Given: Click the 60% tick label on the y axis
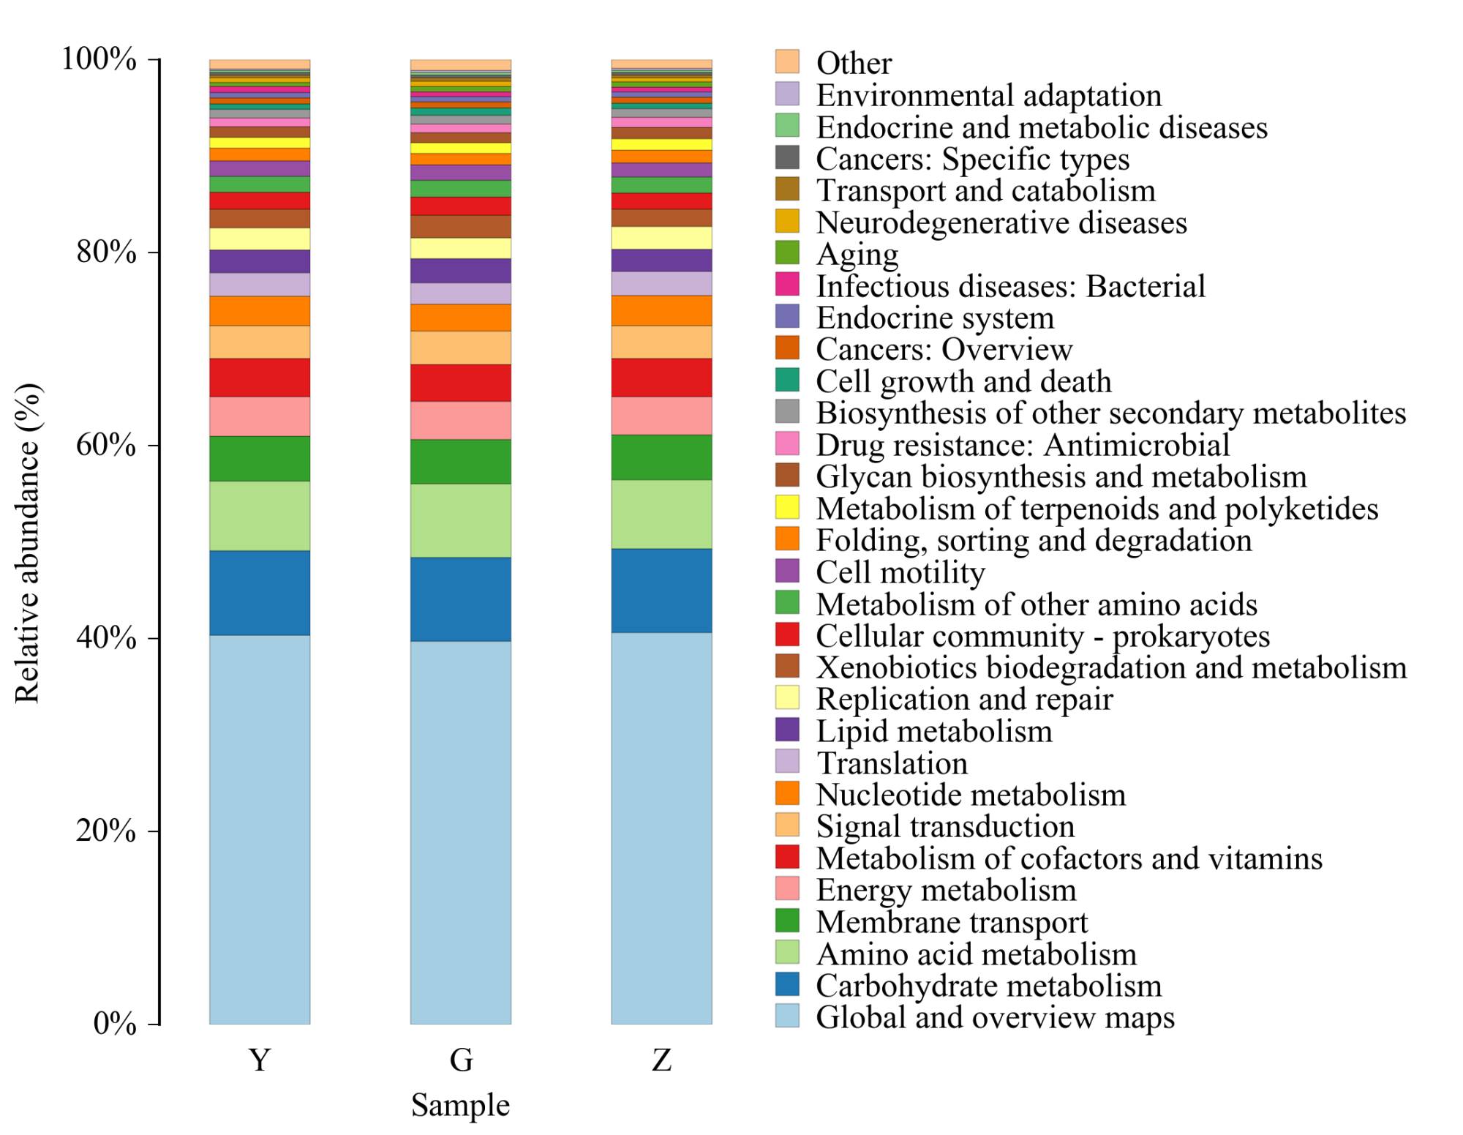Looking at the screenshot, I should tap(106, 445).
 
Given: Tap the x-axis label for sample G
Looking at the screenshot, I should tap(461, 1060).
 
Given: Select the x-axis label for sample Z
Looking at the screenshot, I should tap(661, 1060).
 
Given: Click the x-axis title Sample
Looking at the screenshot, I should tap(460, 1105).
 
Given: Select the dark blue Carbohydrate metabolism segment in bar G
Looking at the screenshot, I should tap(461, 599).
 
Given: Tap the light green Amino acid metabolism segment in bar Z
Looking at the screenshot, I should tap(661, 514).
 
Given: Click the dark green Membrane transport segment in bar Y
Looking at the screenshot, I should tap(260, 459).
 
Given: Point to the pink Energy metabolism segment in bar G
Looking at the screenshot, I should tap(461, 420).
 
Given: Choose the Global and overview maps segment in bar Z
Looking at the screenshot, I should tap(661, 828).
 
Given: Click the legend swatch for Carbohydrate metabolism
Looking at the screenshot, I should tap(788, 985).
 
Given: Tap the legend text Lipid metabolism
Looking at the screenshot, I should tap(934, 731).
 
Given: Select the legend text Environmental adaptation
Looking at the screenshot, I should tap(988, 95).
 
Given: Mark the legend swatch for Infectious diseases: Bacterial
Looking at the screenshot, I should tap(788, 285).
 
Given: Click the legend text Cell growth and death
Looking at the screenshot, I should tap(963, 381).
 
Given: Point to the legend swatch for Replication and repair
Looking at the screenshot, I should tap(788, 698).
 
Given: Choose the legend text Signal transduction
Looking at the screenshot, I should tap(945, 826).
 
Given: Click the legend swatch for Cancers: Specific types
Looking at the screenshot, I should tap(788, 158).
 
